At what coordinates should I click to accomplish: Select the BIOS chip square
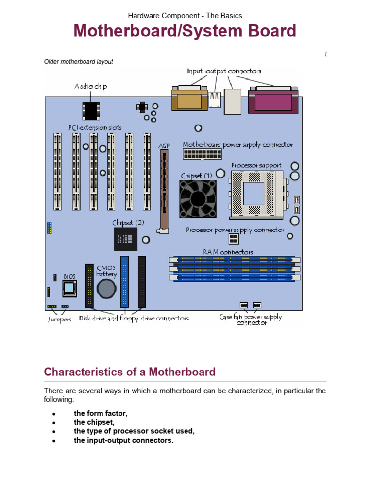(x=69, y=288)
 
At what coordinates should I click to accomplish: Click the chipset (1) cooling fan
(x=198, y=198)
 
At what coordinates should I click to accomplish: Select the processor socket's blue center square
(x=253, y=193)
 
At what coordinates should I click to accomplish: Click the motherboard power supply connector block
(x=202, y=154)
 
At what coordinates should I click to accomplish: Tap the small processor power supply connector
(x=234, y=238)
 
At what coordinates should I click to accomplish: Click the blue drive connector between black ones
(x=125, y=282)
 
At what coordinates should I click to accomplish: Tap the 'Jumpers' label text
(x=59, y=320)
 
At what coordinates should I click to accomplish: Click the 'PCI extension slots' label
(x=95, y=128)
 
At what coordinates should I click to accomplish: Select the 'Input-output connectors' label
(x=224, y=71)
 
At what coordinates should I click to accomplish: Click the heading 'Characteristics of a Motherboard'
(x=130, y=372)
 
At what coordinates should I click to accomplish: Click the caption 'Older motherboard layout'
(x=78, y=62)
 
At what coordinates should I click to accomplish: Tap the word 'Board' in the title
(x=271, y=31)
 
